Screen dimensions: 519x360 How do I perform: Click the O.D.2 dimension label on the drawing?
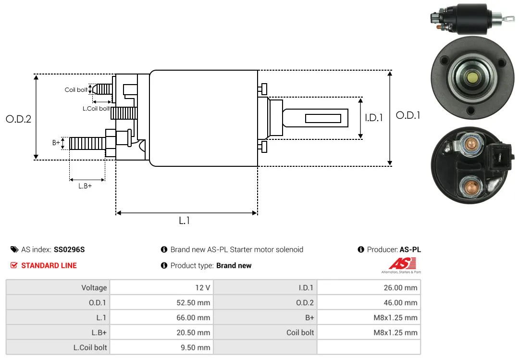pyautogui.click(x=19, y=119)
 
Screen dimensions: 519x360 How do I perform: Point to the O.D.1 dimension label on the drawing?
pyautogui.click(x=408, y=115)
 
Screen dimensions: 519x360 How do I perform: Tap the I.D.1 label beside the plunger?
pyautogui.click(x=374, y=118)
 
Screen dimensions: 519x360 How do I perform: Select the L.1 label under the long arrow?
pyautogui.click(x=185, y=221)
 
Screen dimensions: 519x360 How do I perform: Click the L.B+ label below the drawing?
pyautogui.click(x=85, y=186)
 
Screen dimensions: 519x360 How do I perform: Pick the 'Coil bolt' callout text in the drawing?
pyautogui.click(x=76, y=90)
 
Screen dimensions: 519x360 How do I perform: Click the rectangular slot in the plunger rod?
pyautogui.click(x=323, y=118)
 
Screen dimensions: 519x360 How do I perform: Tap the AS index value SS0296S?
pyautogui.click(x=69, y=249)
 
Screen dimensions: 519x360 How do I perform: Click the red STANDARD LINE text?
pyautogui.click(x=49, y=265)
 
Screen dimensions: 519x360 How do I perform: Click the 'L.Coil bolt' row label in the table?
pyautogui.click(x=90, y=348)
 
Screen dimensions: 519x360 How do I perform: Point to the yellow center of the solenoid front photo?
pyautogui.click(x=472, y=78)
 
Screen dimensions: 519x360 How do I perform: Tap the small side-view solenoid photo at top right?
pyautogui.click(x=472, y=19)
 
